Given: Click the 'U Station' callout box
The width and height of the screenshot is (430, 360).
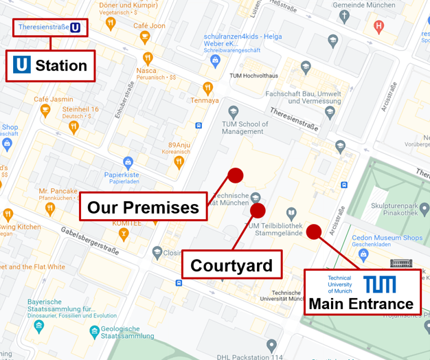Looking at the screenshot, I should coord(50,66).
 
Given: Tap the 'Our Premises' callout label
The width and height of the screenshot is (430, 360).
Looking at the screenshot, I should coord(143,206).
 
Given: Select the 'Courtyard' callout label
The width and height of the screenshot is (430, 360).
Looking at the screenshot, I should coord(231,265).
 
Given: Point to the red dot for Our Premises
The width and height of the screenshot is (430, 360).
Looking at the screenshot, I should coord(235,175).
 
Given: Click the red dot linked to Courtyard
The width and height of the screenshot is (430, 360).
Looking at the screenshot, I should coord(258,210).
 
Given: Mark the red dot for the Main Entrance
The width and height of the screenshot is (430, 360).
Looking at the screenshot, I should coord(314,232).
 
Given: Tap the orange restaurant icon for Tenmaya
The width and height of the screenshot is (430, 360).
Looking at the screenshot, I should coord(207,88).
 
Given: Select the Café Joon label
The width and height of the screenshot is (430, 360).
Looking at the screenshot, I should coord(149,25).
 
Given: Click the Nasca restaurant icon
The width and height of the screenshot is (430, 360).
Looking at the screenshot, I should coord(147,58).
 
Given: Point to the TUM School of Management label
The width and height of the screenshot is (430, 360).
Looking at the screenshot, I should coord(245,128).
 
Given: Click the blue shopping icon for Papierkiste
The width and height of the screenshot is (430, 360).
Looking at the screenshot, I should coord(128,163).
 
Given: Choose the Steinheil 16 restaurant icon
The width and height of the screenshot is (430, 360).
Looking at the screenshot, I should coord(74,126).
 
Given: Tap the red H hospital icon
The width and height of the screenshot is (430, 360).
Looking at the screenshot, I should coord(378,27).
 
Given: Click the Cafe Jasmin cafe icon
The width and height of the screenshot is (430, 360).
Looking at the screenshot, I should coord(46,111).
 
